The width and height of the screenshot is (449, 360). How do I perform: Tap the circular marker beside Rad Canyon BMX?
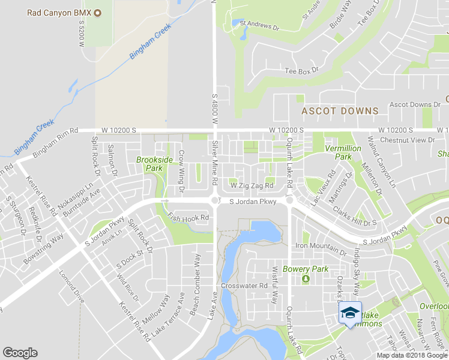98,13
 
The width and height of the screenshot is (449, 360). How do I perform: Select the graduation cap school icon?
350,312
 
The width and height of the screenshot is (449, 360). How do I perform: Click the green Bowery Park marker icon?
306,279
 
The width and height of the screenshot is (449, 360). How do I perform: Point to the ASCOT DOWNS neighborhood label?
340,111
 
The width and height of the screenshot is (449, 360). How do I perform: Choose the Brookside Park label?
154,164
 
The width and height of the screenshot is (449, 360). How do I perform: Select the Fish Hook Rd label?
188,218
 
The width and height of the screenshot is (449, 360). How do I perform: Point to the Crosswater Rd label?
244,286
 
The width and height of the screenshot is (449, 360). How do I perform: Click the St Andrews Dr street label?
260,27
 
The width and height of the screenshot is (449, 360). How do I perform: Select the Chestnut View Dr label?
411,140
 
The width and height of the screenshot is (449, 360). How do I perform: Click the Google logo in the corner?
20,353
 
